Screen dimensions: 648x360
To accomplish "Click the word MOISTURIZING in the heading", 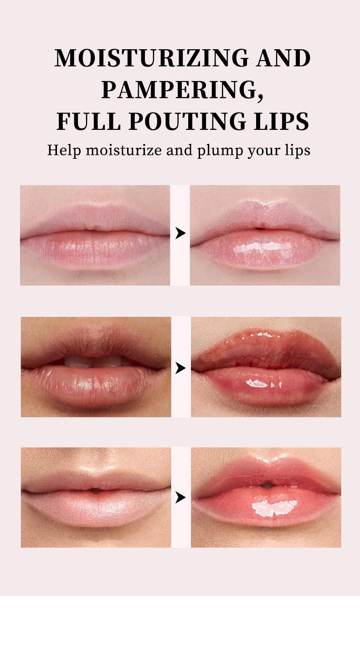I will click(151, 59).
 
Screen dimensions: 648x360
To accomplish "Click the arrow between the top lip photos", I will click(180, 233).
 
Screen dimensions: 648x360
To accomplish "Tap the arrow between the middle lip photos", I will click(181, 367).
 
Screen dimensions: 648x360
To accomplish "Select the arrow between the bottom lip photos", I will click(181, 498).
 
